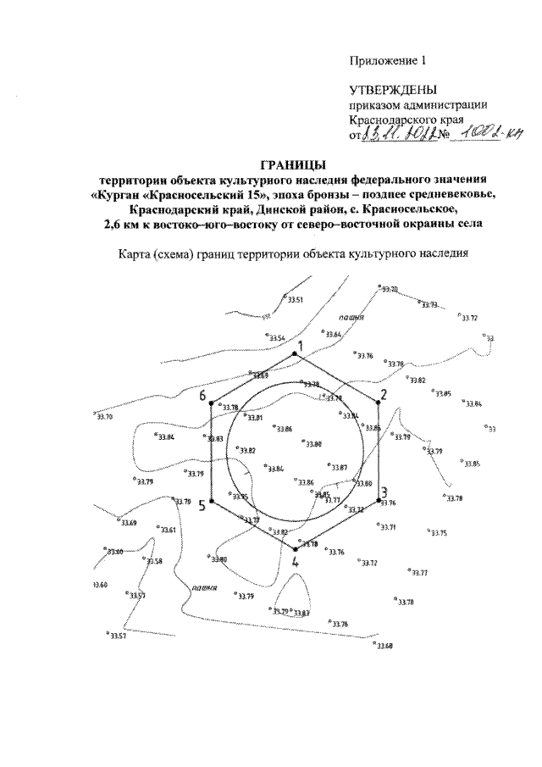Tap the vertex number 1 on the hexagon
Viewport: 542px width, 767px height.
click(x=297, y=345)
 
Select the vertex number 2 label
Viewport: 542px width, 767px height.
click(x=382, y=395)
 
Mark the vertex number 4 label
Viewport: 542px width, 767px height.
click(x=295, y=561)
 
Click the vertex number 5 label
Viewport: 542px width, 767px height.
click(x=202, y=506)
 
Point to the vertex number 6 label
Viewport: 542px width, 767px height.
click(x=202, y=396)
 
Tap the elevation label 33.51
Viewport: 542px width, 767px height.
click(x=295, y=300)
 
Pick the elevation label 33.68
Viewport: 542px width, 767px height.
click(x=384, y=646)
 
